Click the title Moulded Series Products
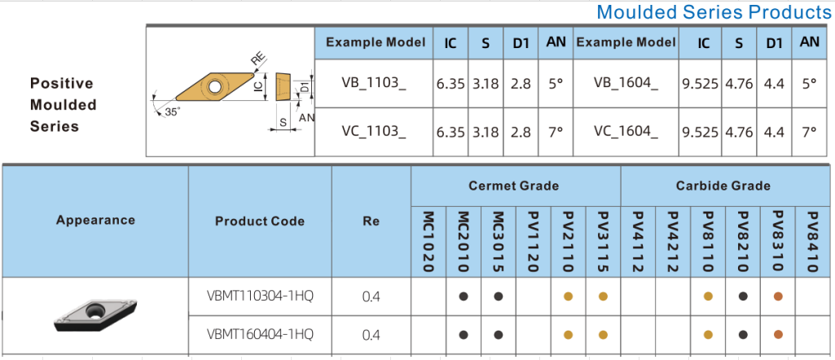click(x=714, y=11)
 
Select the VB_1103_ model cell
click(x=374, y=83)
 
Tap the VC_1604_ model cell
click(x=626, y=132)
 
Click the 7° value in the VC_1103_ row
click(x=556, y=132)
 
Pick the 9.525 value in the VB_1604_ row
click(x=700, y=84)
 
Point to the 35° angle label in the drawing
click(x=172, y=112)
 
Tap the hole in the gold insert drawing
click(x=214, y=86)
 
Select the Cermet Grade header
click(x=513, y=186)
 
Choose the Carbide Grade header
click(x=723, y=186)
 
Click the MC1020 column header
click(x=428, y=242)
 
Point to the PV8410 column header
click(x=812, y=242)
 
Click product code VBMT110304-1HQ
click(x=260, y=296)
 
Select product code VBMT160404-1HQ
click(x=260, y=335)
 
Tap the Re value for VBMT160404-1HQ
click(x=371, y=335)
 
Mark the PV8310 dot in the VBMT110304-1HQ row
click(x=778, y=296)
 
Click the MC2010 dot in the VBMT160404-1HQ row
click(x=464, y=335)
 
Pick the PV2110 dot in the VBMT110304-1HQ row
click(x=568, y=296)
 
